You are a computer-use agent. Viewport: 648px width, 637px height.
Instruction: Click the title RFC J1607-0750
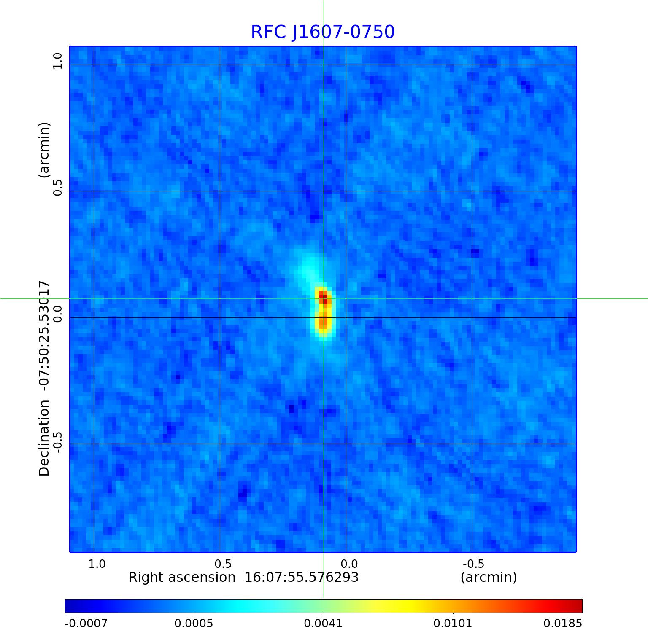[x=323, y=32]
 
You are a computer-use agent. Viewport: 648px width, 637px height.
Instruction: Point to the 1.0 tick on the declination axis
[x=57, y=61]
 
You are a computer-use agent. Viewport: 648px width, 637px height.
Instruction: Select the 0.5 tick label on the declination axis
[x=57, y=188]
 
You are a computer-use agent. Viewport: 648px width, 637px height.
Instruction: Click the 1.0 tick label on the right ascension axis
[x=97, y=564]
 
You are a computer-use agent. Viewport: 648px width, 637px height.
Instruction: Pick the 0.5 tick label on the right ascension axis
[x=223, y=564]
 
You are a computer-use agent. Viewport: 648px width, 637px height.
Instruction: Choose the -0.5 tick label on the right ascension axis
[x=473, y=564]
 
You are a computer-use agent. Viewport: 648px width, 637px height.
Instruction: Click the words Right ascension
[x=182, y=577]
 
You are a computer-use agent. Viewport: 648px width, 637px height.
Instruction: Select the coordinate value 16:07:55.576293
[x=302, y=577]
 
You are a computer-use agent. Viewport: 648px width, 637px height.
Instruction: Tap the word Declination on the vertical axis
[x=44, y=438]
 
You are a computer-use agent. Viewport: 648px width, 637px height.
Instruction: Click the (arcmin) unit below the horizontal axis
[x=489, y=577]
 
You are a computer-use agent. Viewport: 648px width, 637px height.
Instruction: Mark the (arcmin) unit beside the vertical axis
[x=44, y=150]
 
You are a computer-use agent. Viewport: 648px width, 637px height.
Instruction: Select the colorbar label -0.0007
[x=86, y=623]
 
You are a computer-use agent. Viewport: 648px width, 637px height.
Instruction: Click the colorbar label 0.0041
[x=324, y=623]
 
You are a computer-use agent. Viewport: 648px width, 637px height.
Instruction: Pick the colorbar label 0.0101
[x=453, y=623]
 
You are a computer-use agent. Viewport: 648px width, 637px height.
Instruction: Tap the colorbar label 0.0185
[x=563, y=623]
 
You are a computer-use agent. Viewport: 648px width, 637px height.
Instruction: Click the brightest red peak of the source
[x=323, y=296]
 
